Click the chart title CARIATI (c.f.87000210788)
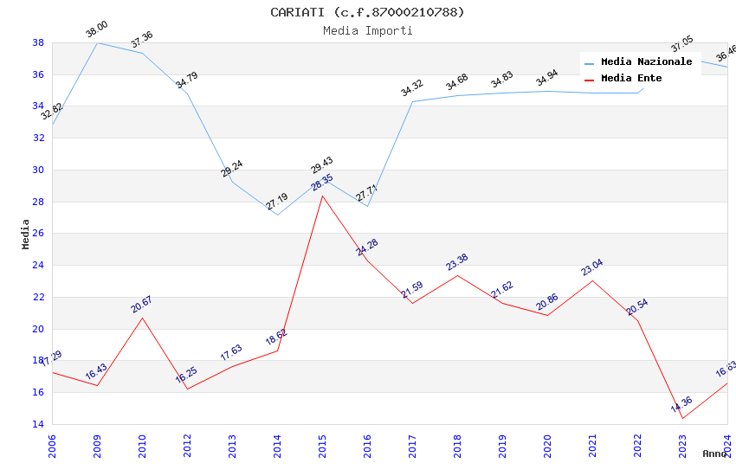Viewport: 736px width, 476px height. pos(367,12)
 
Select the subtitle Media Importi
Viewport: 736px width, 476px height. pos(367,30)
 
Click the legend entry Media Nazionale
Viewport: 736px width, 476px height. pos(646,62)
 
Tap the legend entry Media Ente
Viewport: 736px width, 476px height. pos(631,79)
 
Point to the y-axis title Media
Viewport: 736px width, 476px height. pos(26,234)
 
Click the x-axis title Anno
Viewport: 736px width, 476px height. pos(714,453)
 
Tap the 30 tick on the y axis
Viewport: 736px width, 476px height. pos(39,170)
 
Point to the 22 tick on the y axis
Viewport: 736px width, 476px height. pos(39,297)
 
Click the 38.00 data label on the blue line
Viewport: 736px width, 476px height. pos(96,31)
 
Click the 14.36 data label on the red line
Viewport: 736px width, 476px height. pos(681,404)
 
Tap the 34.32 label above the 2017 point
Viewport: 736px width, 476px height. pos(411,87)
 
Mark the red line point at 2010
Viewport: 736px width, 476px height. pos(142,318)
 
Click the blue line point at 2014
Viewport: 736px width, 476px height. pos(277,215)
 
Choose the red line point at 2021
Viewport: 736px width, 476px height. pos(592,280)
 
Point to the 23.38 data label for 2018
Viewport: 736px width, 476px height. pos(456,262)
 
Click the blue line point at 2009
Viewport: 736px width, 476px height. pos(97,42)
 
